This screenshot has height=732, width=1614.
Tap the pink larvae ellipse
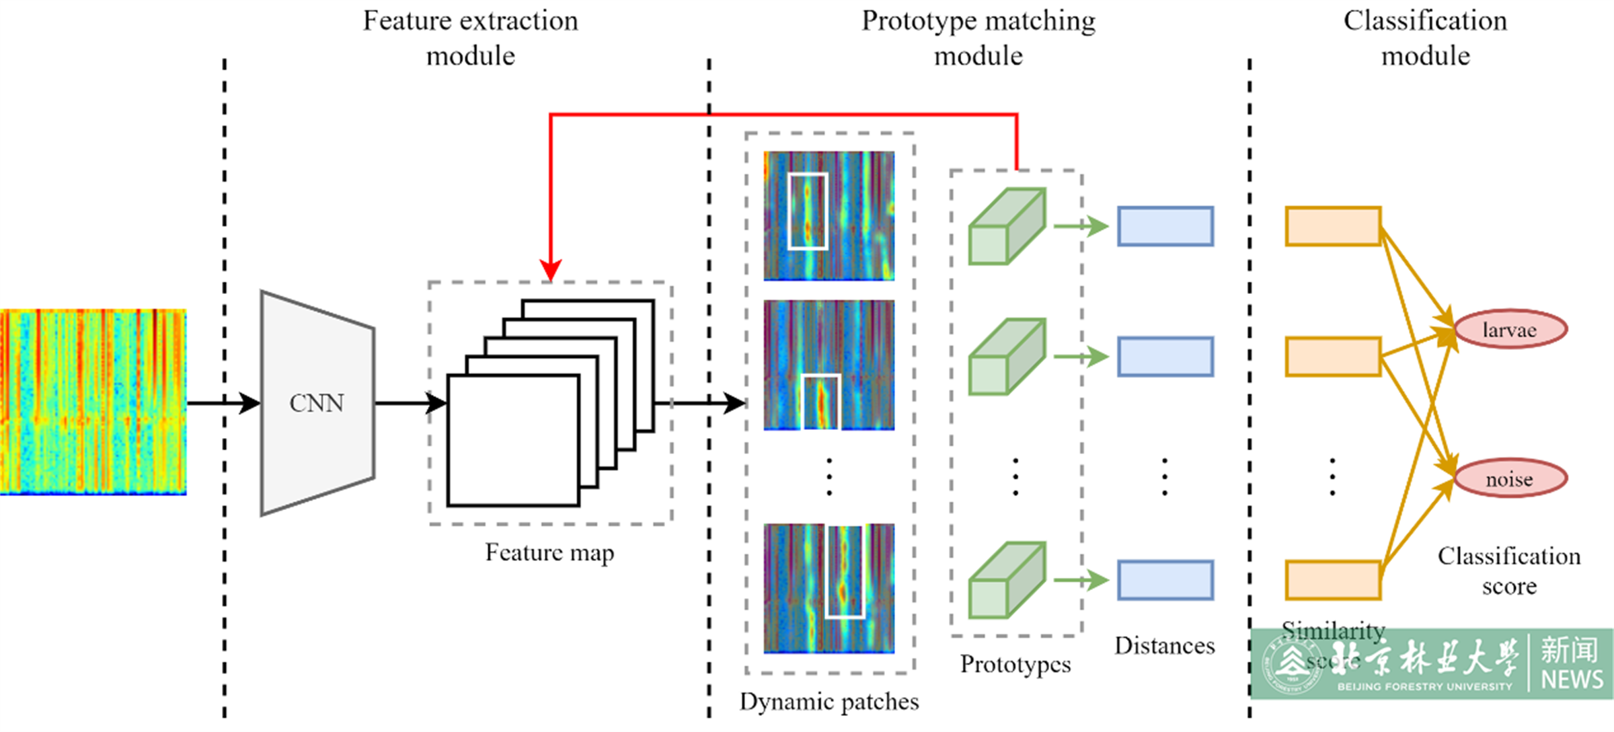(x=1510, y=330)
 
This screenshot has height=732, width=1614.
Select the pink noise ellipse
(x=1510, y=479)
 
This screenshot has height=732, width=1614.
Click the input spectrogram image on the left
(x=93, y=402)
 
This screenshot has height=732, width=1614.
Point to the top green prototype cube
(x=1007, y=226)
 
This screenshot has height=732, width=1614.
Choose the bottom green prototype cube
(x=1007, y=580)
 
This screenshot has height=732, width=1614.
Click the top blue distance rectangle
(x=1165, y=226)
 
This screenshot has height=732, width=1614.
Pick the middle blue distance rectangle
(x=1165, y=357)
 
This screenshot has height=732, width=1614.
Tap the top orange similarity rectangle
(x=1333, y=226)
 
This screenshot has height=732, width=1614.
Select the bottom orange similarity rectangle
(x=1333, y=580)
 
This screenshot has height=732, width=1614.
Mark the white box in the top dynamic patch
(x=808, y=211)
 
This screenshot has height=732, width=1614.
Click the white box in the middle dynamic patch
(x=821, y=402)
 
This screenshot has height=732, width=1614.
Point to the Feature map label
(x=549, y=553)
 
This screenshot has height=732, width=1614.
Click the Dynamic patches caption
(x=829, y=702)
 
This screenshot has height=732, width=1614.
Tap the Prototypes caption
(x=1015, y=665)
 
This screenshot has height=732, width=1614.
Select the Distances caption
(x=1164, y=646)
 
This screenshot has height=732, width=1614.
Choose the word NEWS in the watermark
(x=1572, y=680)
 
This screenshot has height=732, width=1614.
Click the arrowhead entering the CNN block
(x=250, y=403)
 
